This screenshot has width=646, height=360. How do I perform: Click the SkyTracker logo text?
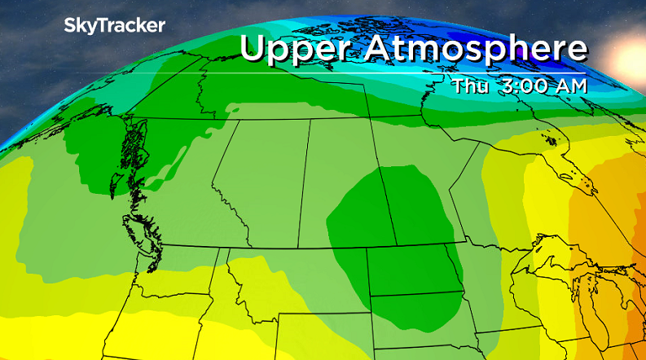click(115, 26)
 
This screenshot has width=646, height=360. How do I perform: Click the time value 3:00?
click(525, 84)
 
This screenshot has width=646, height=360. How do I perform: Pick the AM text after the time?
click(570, 84)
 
